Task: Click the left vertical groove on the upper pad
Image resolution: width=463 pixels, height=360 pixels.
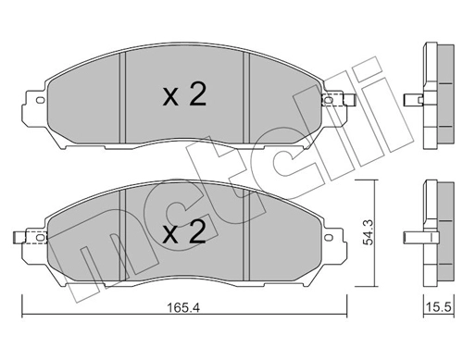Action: click(x=124, y=93)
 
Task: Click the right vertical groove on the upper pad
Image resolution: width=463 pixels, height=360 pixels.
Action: click(x=244, y=93)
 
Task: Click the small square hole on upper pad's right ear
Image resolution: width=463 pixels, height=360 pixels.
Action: click(x=325, y=101)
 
